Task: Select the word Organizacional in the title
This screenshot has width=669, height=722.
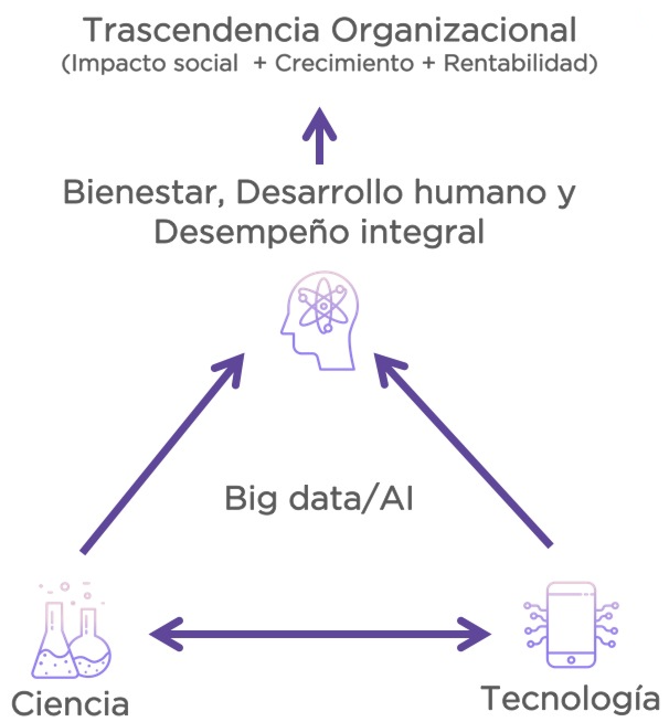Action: [x=455, y=31]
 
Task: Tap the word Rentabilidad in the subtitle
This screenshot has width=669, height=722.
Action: [x=520, y=63]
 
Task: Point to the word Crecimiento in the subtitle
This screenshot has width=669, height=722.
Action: [x=344, y=63]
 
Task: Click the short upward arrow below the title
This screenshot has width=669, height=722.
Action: [x=319, y=135]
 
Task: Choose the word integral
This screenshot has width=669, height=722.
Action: [x=422, y=232]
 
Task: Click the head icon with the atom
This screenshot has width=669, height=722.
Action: [x=319, y=320]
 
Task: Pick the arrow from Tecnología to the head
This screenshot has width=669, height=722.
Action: [x=464, y=450]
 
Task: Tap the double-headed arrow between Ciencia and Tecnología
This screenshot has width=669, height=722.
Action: [x=320, y=633]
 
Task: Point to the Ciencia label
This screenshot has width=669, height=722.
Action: [x=70, y=704]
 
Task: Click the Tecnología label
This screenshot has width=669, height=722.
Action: [x=571, y=698]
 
